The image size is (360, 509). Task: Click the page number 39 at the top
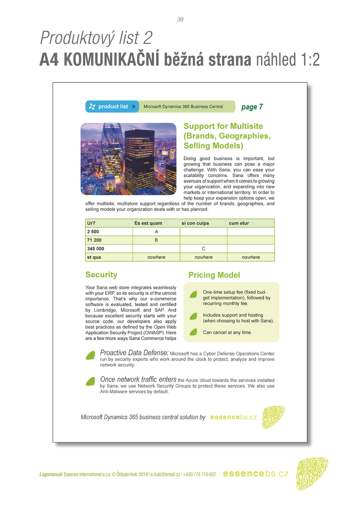pyautogui.click(x=180, y=20)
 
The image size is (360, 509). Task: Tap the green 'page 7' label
pyautogui.click(x=252, y=107)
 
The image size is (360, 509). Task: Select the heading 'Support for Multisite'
pyautogui.click(x=223, y=126)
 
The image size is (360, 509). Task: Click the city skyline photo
pyautogui.click(x=128, y=159)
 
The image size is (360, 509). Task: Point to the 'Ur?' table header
pyautogui.click(x=91, y=223)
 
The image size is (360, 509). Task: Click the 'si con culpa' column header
pyautogui.click(x=195, y=223)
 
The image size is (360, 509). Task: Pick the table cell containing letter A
pyautogui.click(x=156, y=232)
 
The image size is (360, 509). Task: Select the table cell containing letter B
pyautogui.click(x=156, y=240)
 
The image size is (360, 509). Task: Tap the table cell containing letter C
pyautogui.click(x=203, y=249)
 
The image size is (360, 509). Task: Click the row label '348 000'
pyautogui.click(x=96, y=249)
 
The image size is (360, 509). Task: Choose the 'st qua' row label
pyautogui.click(x=94, y=257)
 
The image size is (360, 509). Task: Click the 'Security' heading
pyautogui.click(x=101, y=275)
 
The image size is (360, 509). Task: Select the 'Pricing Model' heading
pyautogui.click(x=214, y=275)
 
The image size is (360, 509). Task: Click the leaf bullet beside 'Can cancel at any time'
pyautogui.click(x=193, y=332)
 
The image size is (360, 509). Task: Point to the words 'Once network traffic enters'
pyautogui.click(x=138, y=379)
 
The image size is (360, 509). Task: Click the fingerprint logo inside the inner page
pyautogui.click(x=273, y=417)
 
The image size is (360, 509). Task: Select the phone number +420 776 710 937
pyautogui.click(x=200, y=474)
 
